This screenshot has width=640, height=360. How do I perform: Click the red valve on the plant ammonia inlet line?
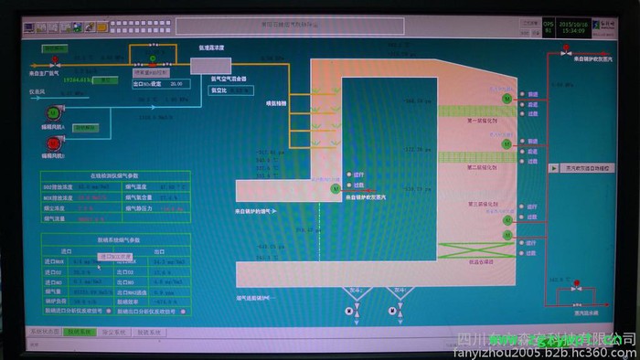pos(55,64)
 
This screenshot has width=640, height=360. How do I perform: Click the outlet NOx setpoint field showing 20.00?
pos(175,83)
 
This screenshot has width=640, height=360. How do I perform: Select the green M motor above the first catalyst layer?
pos(507,97)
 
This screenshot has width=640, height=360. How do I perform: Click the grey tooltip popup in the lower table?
pos(115,258)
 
